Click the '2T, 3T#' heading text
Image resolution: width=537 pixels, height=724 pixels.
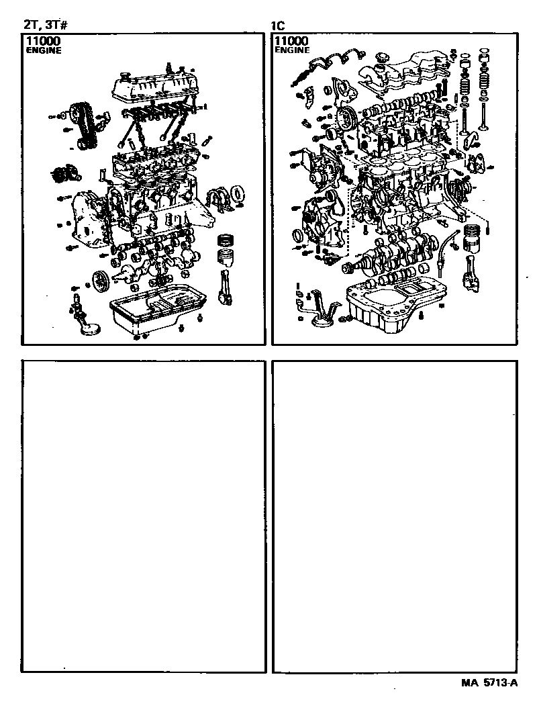[x=46, y=25]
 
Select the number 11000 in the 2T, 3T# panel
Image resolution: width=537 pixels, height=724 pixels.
[x=43, y=41]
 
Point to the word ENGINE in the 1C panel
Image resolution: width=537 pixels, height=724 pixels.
[x=292, y=50]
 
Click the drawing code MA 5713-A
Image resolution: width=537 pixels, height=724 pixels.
[x=489, y=682]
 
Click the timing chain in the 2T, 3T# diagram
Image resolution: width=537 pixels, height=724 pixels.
[x=83, y=126]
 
